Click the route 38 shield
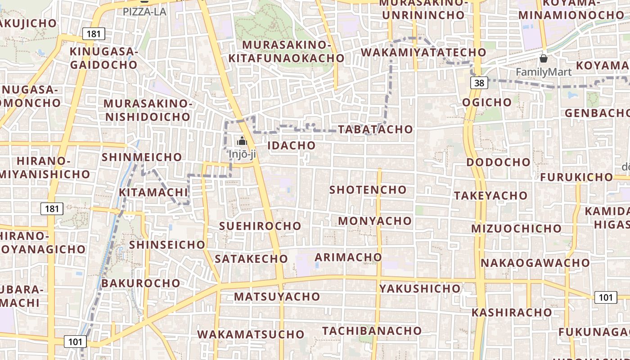click(x=479, y=83)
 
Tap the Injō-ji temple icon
click(x=242, y=141)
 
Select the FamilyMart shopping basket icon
click(x=544, y=58)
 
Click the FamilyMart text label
click(x=544, y=72)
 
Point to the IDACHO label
click(x=292, y=145)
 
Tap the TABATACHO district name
click(x=375, y=129)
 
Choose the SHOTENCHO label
click(x=368, y=189)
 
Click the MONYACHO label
click(x=375, y=221)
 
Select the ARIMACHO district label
click(x=348, y=257)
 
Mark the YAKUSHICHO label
click(x=420, y=288)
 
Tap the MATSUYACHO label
click(x=277, y=297)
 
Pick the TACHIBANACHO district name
click(x=372, y=331)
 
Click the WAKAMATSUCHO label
click(x=251, y=334)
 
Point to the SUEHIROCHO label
click(x=260, y=226)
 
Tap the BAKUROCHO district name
click(x=141, y=283)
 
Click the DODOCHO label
click(x=499, y=162)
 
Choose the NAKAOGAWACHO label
click(x=535, y=262)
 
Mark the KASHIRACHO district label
click(x=512, y=312)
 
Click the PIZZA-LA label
click(x=144, y=12)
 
